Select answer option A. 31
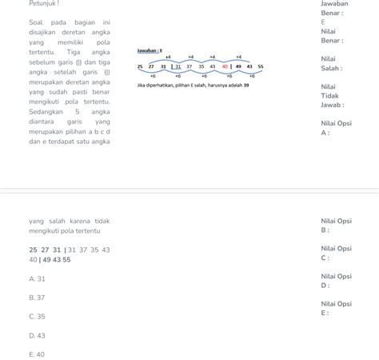coord(37,278)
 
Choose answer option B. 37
coord(37,297)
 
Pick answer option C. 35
coord(37,316)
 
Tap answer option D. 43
coord(37,335)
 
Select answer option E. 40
coord(37,354)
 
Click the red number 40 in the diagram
coord(225,66)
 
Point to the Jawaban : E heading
coord(150,50)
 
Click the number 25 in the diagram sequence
coord(141,66)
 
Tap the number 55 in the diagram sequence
coord(261,66)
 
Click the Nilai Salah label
coord(332,63)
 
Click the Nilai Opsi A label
coord(336,128)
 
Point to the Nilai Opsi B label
coord(336,225)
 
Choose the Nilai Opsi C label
coord(336,253)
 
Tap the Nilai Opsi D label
coord(336,280)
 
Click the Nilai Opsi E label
coord(336,308)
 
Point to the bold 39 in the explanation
coord(246,85)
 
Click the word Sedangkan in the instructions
coord(48,112)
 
